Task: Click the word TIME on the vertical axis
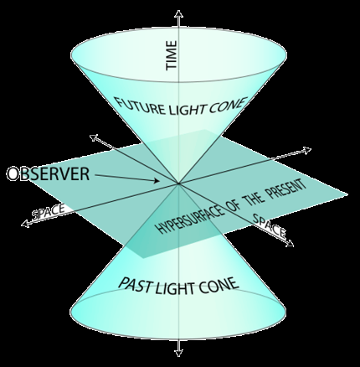(x=172, y=55)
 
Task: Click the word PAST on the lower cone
(x=136, y=284)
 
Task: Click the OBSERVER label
(x=48, y=173)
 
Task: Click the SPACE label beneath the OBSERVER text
(x=48, y=212)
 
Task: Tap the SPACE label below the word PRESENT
(x=270, y=225)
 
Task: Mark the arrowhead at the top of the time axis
(x=178, y=13)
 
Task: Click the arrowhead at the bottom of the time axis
(x=178, y=353)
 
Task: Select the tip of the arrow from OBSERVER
(x=159, y=181)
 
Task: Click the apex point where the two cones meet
(x=178, y=183)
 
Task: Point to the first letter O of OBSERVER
(x=13, y=174)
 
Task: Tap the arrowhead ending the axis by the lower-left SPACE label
(x=24, y=224)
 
